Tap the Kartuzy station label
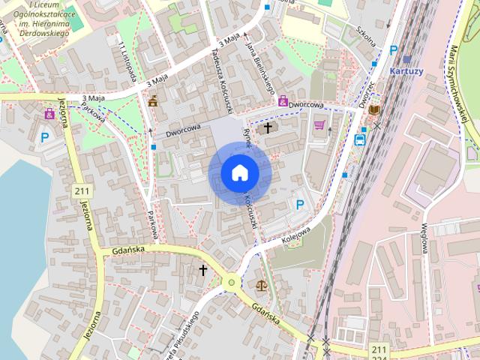pyautogui.click(x=407, y=70)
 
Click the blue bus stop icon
pyautogui.click(x=360, y=139)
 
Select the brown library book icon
pyautogui.click(x=374, y=110)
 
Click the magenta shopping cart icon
pyautogui.click(x=319, y=124)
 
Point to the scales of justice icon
pyautogui.click(x=261, y=285)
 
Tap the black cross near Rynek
pyautogui.click(x=266, y=128)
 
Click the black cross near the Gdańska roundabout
pyautogui.click(x=202, y=269)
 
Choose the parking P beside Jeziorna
pyautogui.click(x=45, y=137)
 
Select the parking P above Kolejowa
pyautogui.click(x=301, y=204)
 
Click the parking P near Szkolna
pyautogui.click(x=393, y=50)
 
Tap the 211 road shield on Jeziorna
pyautogui.click(x=82, y=192)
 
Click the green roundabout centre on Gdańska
pyautogui.click(x=232, y=283)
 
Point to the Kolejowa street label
pyautogui.click(x=297, y=229)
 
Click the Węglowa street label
pyautogui.click(x=424, y=238)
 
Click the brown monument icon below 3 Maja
pyautogui.click(x=153, y=101)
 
